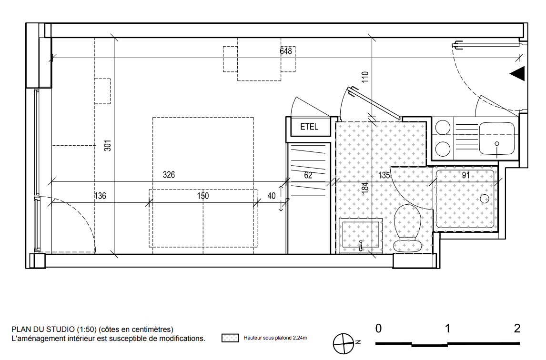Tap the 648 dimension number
(x=286, y=51)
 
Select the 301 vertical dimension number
(x=108, y=146)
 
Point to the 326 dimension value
(x=169, y=175)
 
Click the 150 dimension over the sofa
(x=203, y=196)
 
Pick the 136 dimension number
(x=100, y=196)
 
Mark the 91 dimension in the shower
(x=465, y=175)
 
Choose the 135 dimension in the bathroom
(x=384, y=175)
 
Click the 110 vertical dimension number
(x=365, y=77)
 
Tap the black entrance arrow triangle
(x=518, y=74)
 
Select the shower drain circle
(x=485, y=199)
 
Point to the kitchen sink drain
(x=497, y=144)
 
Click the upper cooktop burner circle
(x=443, y=128)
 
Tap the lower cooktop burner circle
(x=443, y=149)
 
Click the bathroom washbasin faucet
(x=361, y=245)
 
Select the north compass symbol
(x=344, y=344)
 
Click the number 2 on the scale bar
(x=517, y=328)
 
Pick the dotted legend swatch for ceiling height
(x=230, y=338)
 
